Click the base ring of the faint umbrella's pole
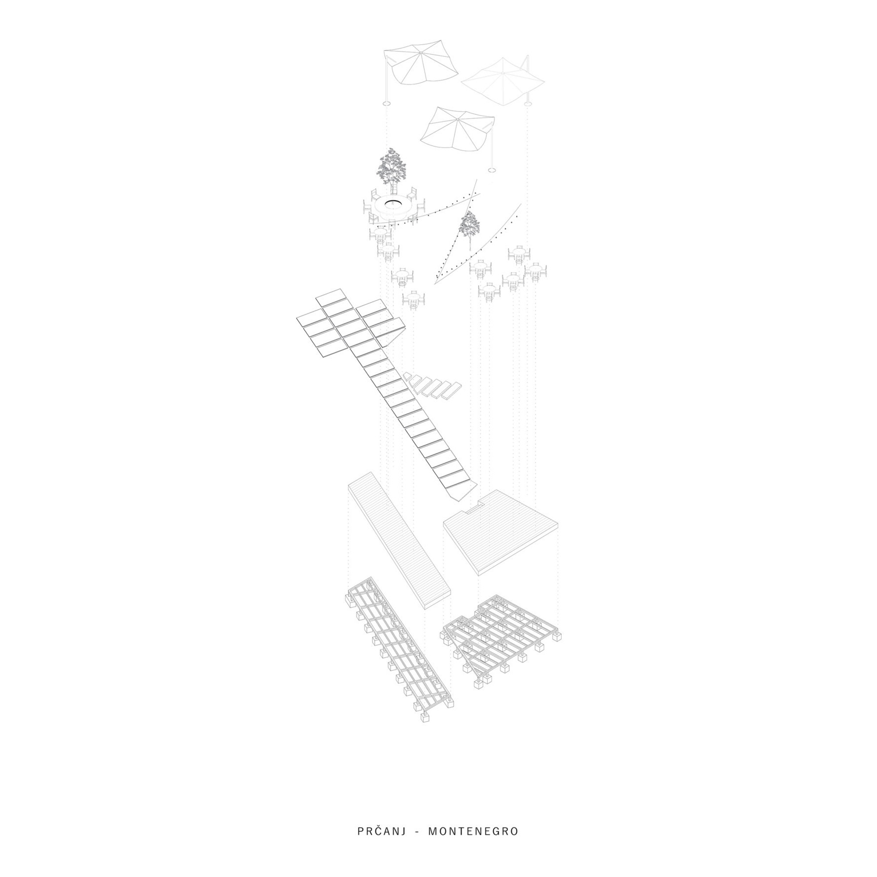point(528,104)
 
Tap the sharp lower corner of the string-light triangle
point(435,284)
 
